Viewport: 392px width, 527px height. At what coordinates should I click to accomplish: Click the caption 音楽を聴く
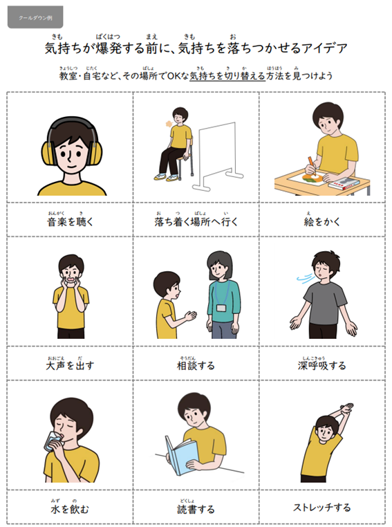click(x=69, y=222)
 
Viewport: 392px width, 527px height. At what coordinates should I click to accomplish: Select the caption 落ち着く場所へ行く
click(x=196, y=222)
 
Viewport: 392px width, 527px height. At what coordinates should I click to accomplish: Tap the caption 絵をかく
click(x=322, y=222)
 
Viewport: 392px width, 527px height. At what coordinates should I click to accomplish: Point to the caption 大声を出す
click(x=69, y=365)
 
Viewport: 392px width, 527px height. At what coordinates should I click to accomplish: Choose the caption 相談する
click(x=196, y=365)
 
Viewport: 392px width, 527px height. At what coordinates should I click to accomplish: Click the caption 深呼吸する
click(x=322, y=365)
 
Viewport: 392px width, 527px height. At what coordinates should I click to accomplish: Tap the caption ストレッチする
click(x=322, y=507)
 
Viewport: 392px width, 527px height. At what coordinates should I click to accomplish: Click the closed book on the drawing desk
click(x=344, y=184)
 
